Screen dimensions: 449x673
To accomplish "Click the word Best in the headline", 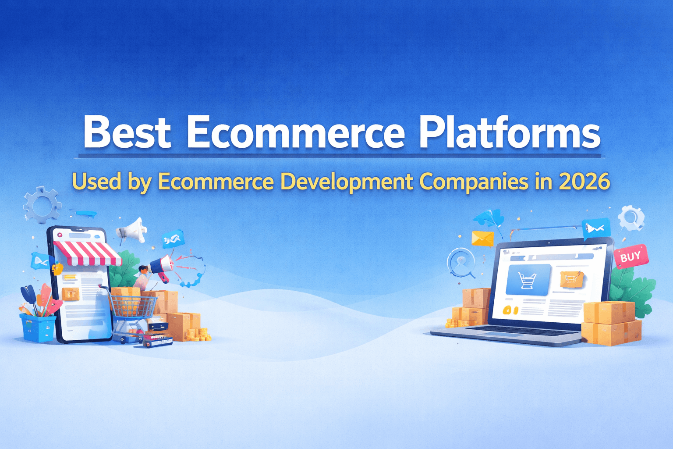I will tap(127, 132).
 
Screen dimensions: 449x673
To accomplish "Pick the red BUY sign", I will tap(630, 257).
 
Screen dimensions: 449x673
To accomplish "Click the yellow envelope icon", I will tap(482, 239).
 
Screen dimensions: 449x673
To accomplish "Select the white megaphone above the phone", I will tap(133, 230).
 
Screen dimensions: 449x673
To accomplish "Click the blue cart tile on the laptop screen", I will tap(528, 280).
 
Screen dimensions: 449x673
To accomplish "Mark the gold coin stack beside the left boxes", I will tap(198, 335).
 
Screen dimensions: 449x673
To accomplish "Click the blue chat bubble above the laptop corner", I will tap(596, 228).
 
